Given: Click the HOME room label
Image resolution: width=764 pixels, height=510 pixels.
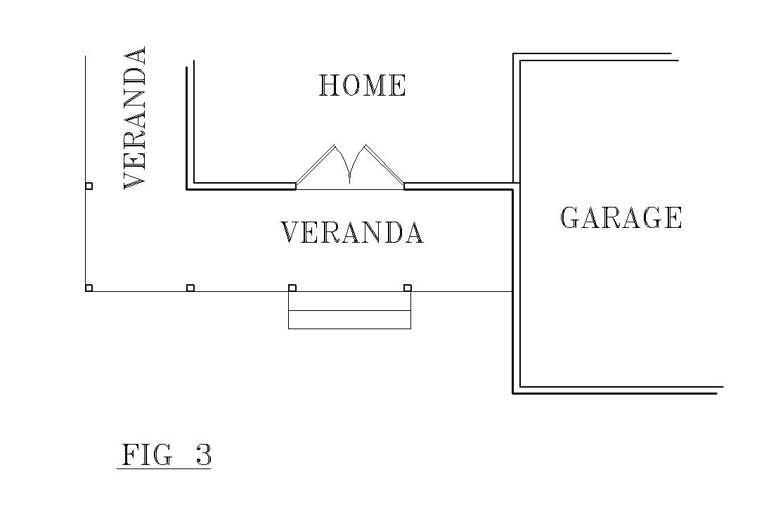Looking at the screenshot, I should point(363,86).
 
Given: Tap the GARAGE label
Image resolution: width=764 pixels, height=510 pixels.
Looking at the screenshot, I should point(621,217).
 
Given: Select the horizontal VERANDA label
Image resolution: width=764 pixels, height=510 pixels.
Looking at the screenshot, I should point(352,233).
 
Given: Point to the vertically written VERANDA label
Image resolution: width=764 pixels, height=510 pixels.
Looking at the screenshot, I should point(135,117).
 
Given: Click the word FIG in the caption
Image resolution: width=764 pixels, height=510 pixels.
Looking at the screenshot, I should point(146,455).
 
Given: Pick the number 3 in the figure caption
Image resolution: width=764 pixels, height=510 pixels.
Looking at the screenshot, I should point(203,455).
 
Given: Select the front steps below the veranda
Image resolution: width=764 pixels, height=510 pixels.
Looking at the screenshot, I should point(349,310).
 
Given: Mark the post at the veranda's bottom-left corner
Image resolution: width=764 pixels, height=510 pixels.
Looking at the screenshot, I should point(89,288).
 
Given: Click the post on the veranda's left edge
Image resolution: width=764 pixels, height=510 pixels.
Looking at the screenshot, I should point(89,186).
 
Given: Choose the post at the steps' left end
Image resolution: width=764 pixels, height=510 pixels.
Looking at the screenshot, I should point(292,288).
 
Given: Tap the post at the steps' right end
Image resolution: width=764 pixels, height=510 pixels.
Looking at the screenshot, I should point(408,288).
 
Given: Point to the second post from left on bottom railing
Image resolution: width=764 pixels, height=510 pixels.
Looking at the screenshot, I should point(190,288).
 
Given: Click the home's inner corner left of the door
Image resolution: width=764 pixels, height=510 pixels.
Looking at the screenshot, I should point(190,186).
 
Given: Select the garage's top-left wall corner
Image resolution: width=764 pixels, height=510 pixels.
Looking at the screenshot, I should point(517,57).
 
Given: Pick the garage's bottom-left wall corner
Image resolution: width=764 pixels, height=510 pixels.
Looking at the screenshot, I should point(517,390).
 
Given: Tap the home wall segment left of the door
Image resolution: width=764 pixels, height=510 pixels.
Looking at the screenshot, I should point(242,186).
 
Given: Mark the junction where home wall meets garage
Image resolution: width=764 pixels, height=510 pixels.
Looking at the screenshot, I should point(516,186).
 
